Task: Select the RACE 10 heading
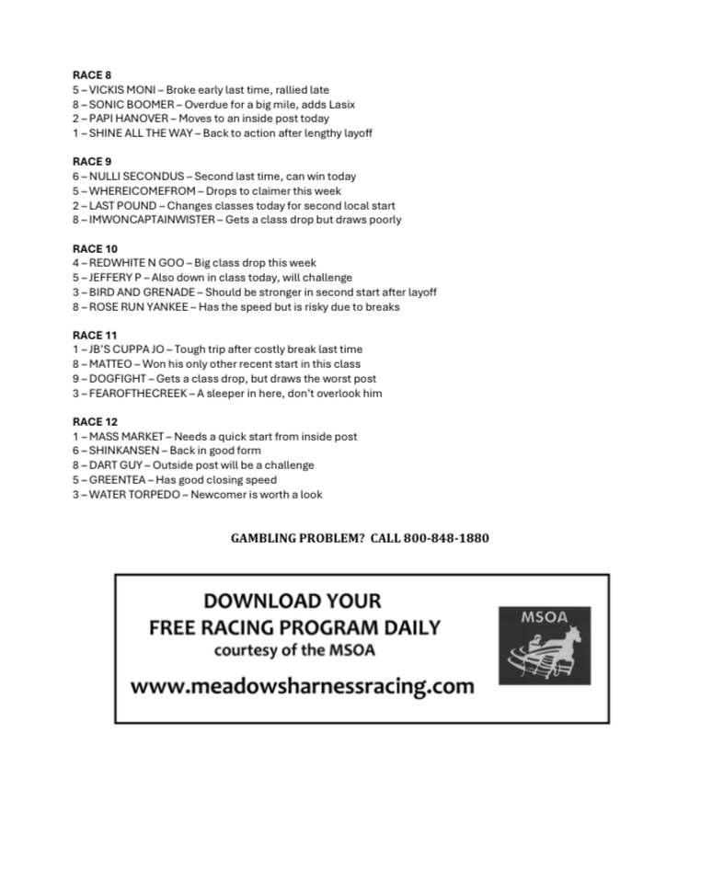(x=95, y=248)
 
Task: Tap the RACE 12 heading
(x=95, y=421)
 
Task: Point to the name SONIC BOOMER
(x=131, y=105)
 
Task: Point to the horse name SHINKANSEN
(x=124, y=451)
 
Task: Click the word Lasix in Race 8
(x=340, y=105)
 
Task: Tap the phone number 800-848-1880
(x=445, y=538)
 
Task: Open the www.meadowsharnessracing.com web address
(x=302, y=686)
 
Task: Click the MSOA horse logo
(x=545, y=645)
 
